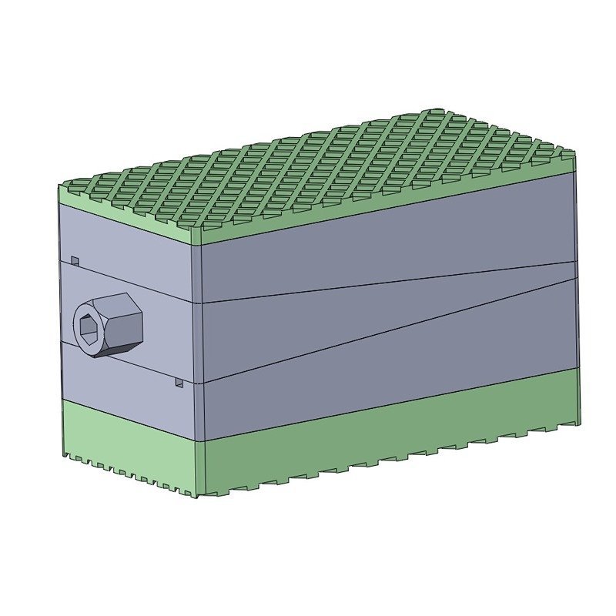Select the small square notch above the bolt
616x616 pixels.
click(75, 260)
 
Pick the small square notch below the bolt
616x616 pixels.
click(179, 382)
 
